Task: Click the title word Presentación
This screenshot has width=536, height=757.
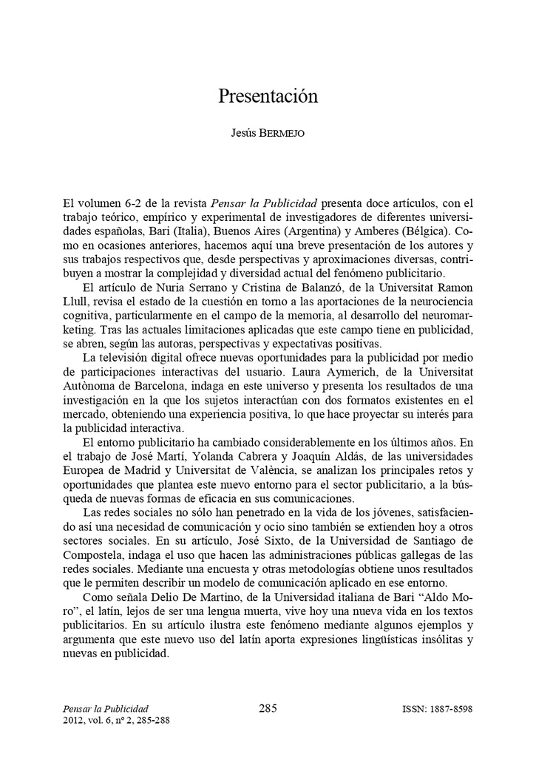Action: [268, 96]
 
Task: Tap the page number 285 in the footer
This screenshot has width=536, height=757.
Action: [268, 708]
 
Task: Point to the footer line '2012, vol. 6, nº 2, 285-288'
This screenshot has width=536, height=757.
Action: [117, 721]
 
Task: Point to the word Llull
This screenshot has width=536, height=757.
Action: [77, 301]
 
